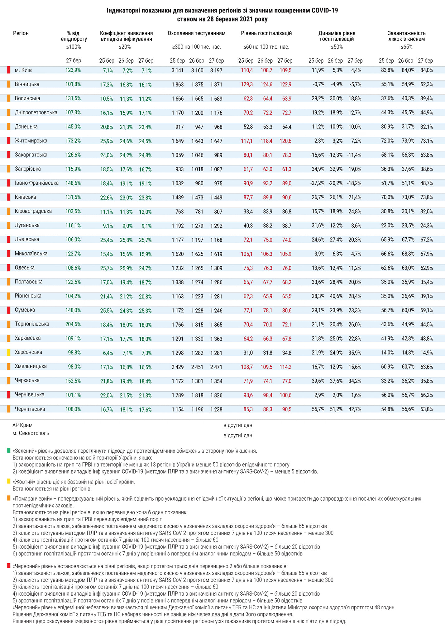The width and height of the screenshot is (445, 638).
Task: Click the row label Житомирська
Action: tap(31, 141)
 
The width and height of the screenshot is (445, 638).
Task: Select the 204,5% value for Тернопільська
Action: tap(73, 324)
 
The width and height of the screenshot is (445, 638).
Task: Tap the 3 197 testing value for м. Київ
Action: tap(216, 70)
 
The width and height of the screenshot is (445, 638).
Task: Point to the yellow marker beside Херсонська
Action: tap(9, 352)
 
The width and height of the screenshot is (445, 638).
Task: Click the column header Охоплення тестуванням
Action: tap(196, 33)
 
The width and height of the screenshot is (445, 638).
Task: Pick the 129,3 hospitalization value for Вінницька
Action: tap(246, 84)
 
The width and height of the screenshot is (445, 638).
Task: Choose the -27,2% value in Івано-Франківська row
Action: tap(318, 183)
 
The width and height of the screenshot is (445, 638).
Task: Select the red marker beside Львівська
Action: tap(9, 240)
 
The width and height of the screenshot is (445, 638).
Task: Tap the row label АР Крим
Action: tap(22, 425)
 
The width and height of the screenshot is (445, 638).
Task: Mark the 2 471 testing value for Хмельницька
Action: tap(216, 367)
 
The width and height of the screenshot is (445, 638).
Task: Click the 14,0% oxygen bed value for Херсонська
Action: tap(387, 353)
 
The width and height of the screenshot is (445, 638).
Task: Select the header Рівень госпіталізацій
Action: tap(266, 33)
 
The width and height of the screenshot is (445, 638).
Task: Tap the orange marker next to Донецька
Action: tap(9, 127)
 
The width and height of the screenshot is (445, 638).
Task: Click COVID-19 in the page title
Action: tap(325, 11)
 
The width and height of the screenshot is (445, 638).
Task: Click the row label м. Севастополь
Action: tap(31, 433)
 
